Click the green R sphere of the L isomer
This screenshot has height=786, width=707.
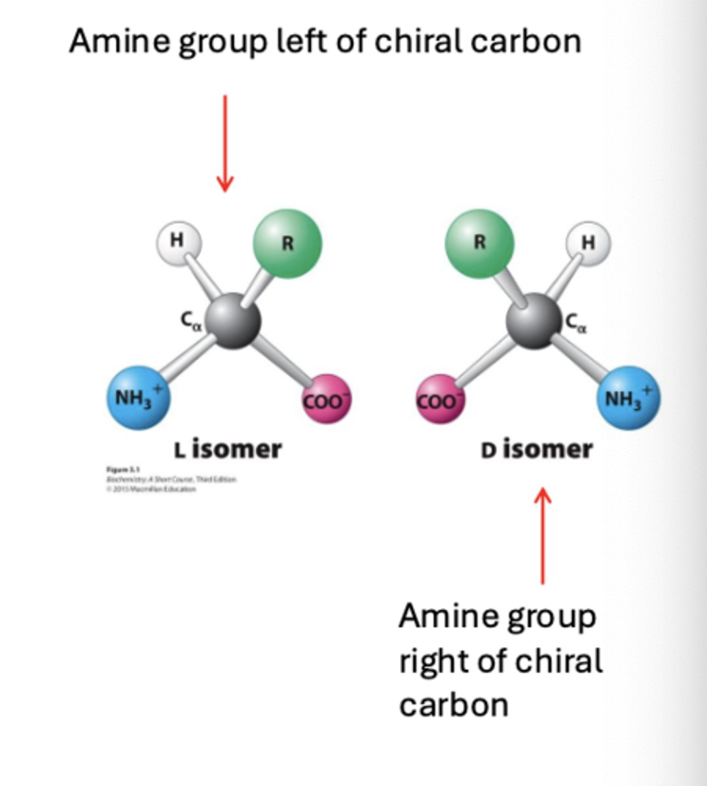(287, 243)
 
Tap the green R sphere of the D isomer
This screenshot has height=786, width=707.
(479, 243)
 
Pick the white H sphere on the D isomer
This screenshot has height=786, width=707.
(589, 242)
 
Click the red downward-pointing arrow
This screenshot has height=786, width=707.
(225, 144)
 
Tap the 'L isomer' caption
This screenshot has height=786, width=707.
(227, 449)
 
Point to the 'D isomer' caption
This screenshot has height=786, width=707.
(536, 449)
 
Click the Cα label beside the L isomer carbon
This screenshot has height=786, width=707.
(190, 320)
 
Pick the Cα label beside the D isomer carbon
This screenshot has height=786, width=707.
(575, 322)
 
